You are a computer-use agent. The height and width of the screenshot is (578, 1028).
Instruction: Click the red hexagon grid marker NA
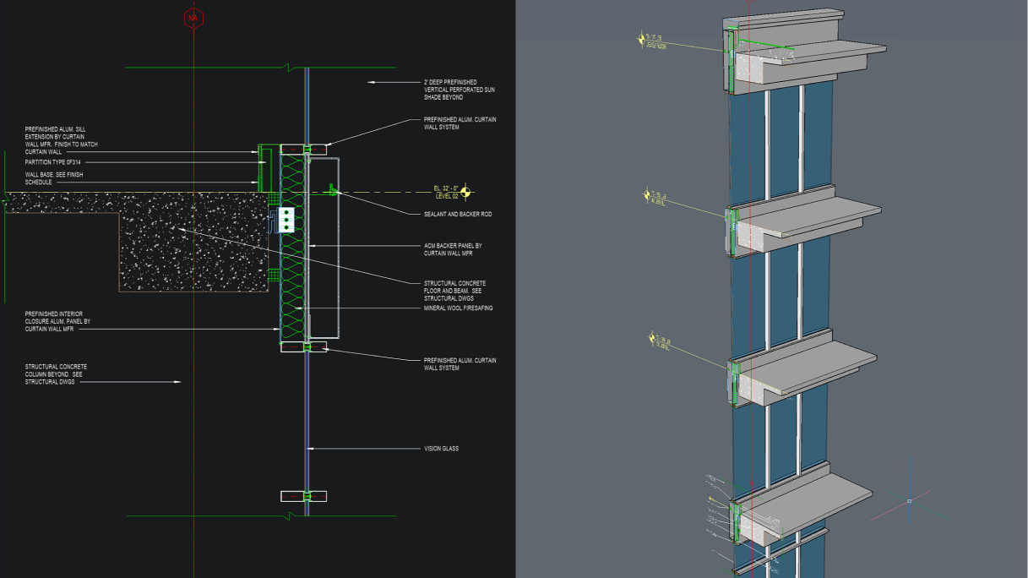tap(193, 18)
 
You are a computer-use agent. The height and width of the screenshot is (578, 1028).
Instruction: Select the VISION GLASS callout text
tap(441, 449)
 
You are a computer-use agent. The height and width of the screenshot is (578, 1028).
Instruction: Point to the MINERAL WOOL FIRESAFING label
tap(458, 308)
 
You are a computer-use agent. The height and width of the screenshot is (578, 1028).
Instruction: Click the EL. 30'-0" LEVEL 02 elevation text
tap(446, 193)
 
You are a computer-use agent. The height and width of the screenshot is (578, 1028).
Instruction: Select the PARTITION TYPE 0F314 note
tap(54, 162)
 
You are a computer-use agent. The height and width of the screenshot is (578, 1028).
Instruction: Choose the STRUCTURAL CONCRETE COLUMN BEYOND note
tap(56, 374)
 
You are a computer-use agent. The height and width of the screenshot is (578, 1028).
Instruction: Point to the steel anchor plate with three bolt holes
tap(287, 219)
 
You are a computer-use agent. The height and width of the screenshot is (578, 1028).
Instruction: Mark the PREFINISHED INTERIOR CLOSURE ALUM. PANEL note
tap(57, 321)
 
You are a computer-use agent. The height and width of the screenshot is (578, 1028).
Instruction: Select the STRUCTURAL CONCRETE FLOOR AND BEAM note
tap(454, 291)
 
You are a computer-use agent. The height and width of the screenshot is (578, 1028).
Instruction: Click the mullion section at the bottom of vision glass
tap(304, 496)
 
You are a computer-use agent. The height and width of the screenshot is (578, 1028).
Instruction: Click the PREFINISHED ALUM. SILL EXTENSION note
tap(62, 140)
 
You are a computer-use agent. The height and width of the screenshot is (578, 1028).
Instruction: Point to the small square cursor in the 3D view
tap(909, 501)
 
